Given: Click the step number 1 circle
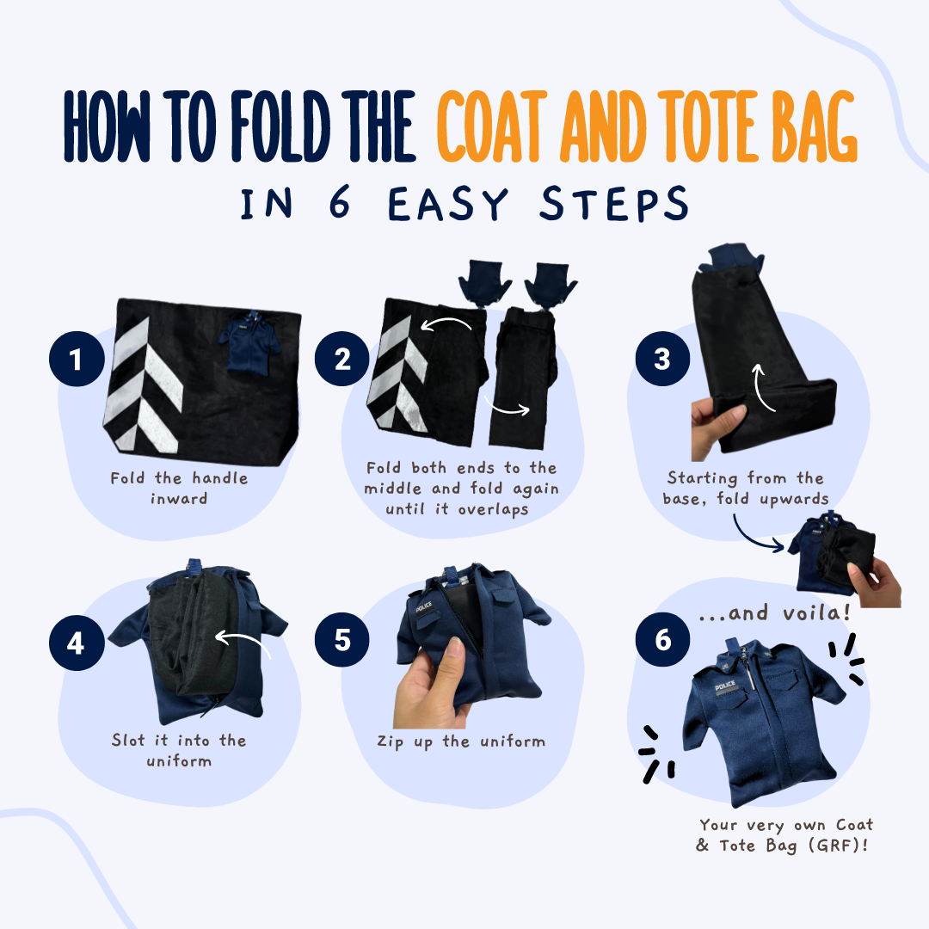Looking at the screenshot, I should coord(76,359).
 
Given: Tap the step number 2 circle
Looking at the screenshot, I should coord(342,359).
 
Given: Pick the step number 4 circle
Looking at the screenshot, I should coord(76,643).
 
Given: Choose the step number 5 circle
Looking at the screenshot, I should coord(342,643).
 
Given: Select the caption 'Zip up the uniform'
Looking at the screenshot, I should coord(460,741).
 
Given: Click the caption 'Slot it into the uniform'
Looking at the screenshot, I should coord(178,750).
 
